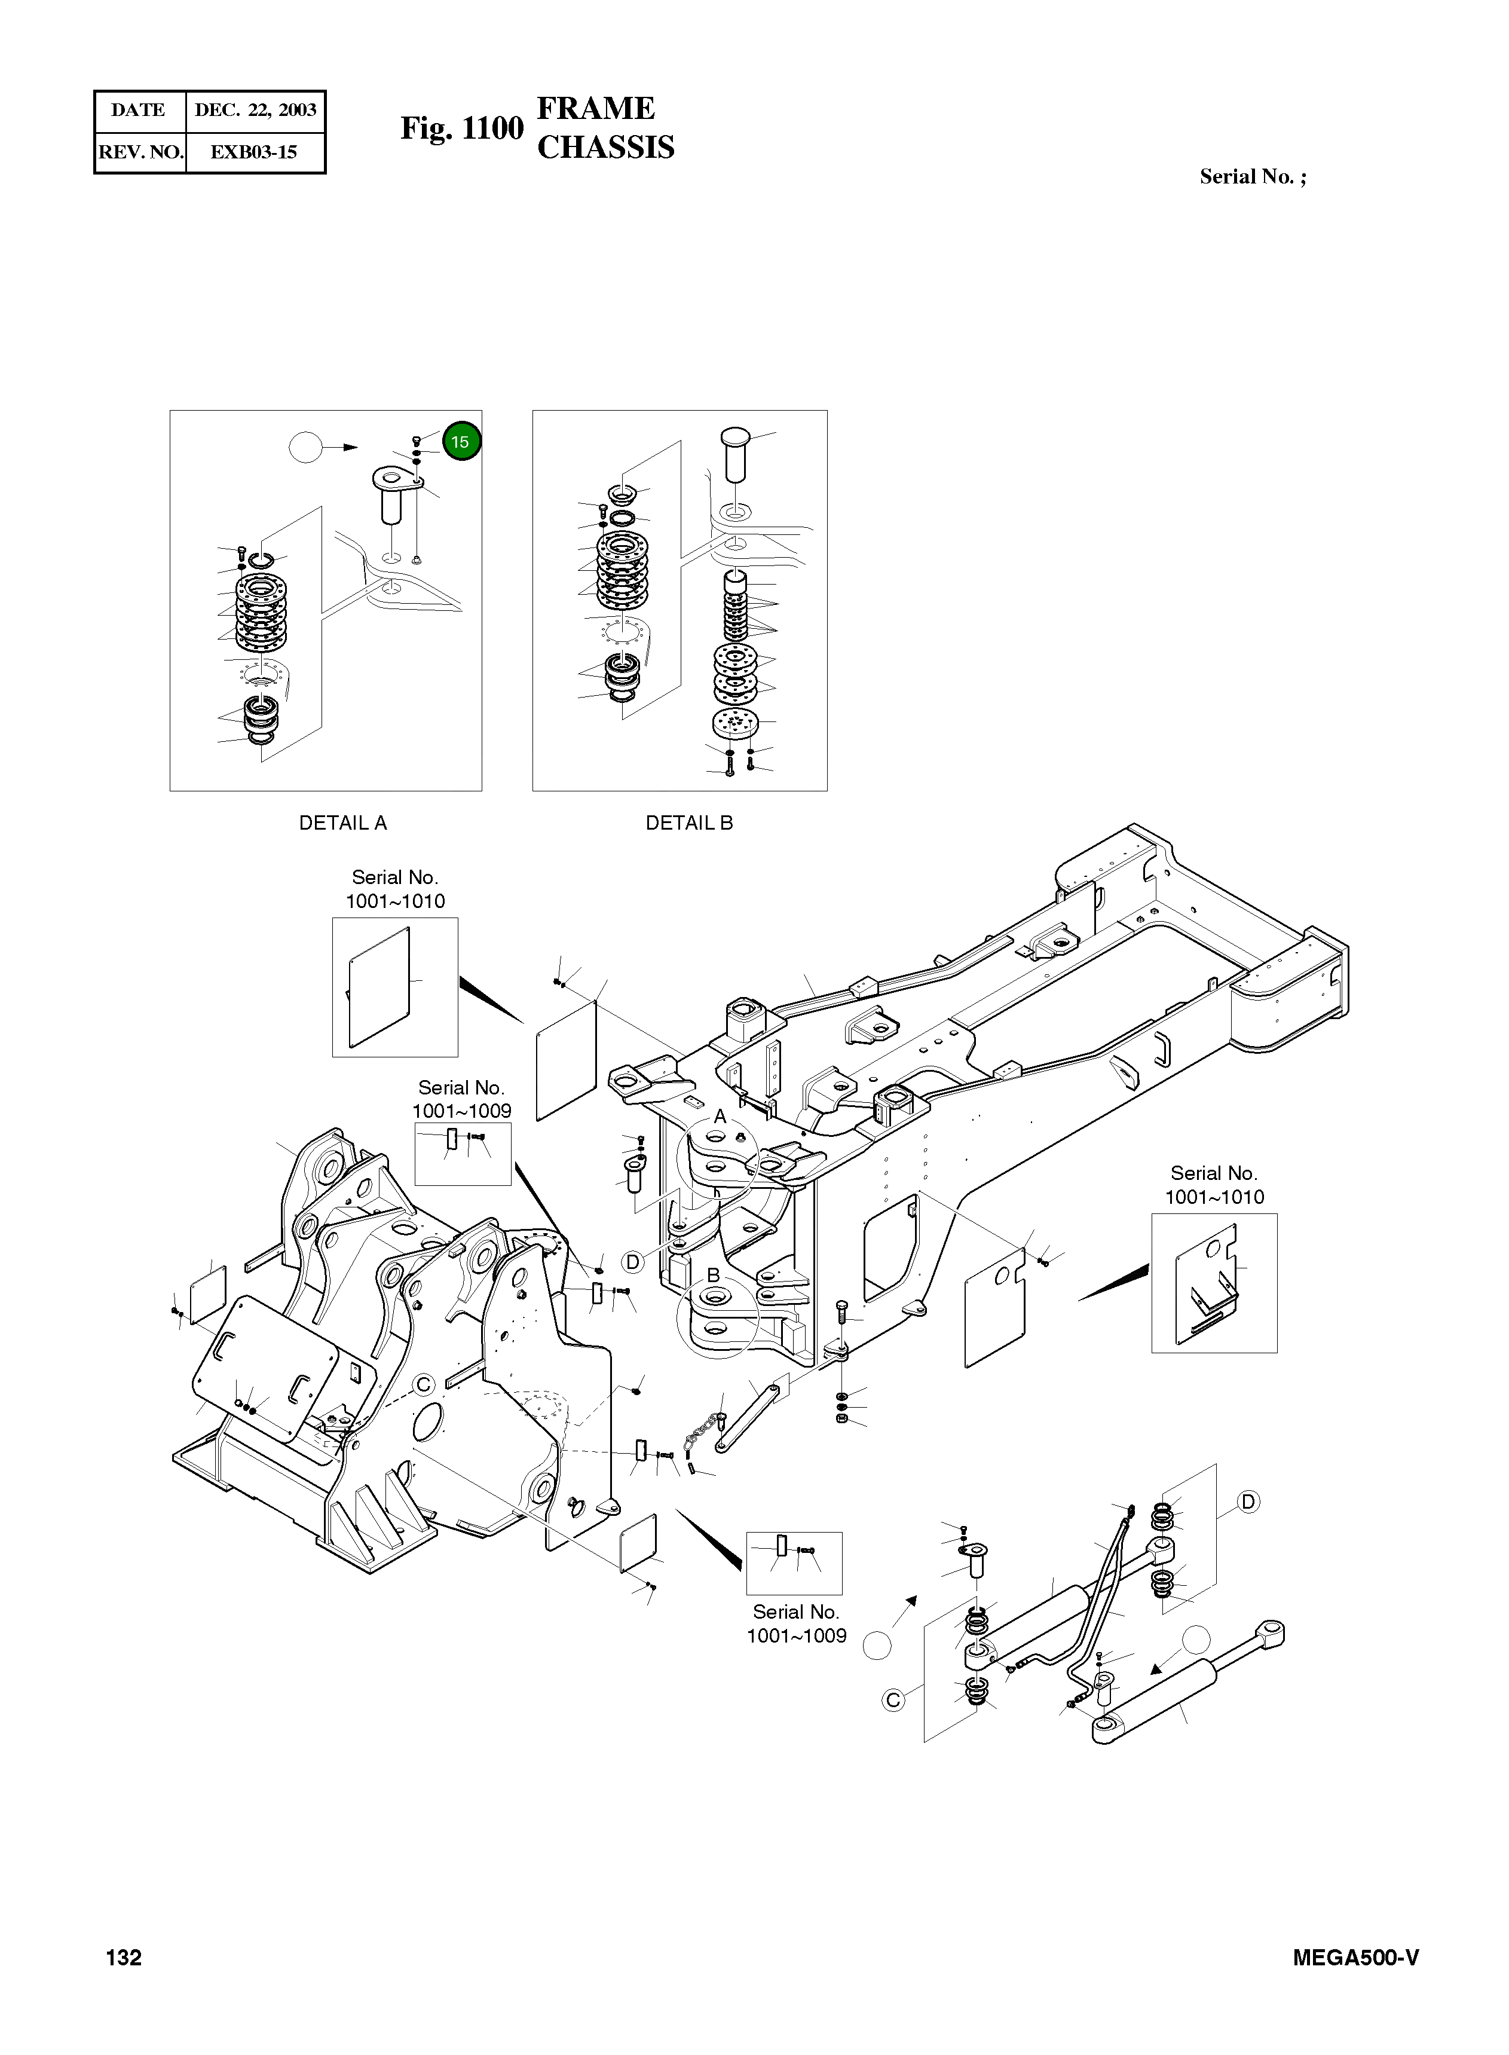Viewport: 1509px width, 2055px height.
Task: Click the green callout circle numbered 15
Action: tap(461, 442)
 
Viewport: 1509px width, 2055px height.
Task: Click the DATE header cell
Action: tap(139, 111)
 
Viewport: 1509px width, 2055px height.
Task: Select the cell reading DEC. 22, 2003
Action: tap(255, 111)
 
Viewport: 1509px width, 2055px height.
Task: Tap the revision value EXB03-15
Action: tap(254, 152)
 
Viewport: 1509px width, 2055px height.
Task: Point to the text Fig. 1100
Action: tap(461, 129)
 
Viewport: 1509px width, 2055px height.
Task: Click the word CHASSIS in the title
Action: tap(605, 148)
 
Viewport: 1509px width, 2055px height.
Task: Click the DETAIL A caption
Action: tap(342, 823)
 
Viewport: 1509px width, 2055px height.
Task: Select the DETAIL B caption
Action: tap(688, 823)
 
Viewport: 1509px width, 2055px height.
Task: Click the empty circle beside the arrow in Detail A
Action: tap(306, 448)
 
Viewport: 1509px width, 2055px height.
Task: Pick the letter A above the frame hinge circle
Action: tap(719, 1116)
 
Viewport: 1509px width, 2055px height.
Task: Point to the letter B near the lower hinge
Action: tap(714, 1275)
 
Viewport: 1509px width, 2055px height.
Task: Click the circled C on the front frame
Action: tap(424, 1384)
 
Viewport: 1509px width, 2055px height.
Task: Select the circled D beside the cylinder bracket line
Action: tap(1248, 1502)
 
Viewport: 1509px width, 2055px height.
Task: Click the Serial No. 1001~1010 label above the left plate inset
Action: tap(394, 889)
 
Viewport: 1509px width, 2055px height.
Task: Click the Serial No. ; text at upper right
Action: tap(1253, 177)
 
